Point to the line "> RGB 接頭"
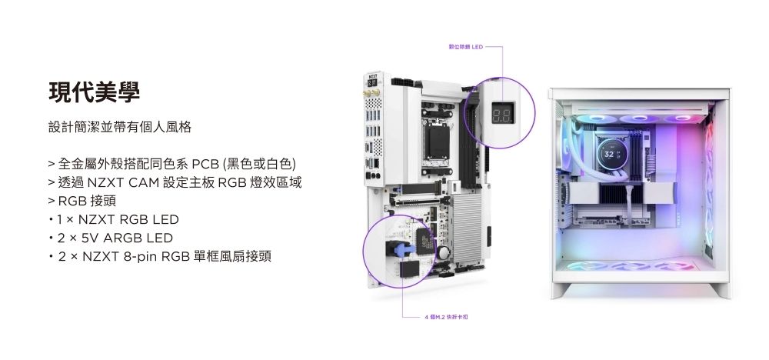click(x=77, y=202)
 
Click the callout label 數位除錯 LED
click(x=464, y=48)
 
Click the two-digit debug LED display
click(x=503, y=117)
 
